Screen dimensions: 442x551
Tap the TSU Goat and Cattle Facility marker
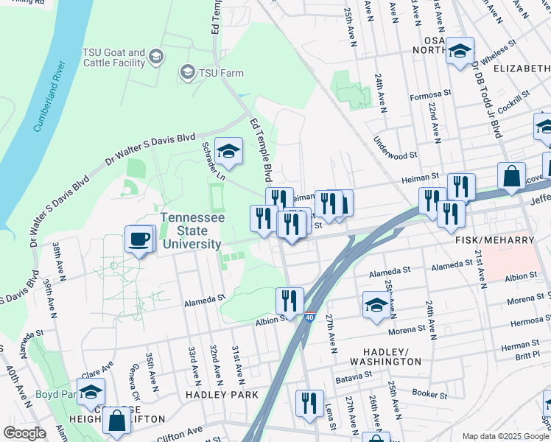[x=156, y=56]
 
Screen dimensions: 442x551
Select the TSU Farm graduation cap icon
[x=187, y=72]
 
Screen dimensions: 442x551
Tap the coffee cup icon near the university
[x=139, y=239]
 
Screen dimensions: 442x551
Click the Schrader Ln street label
[x=214, y=160]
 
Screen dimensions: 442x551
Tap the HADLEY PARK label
[x=222, y=395]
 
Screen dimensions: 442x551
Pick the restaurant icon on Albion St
[x=289, y=300]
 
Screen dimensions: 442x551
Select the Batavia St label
[x=355, y=376]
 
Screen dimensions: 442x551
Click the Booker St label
[x=429, y=393]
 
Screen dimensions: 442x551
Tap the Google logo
[x=24, y=433]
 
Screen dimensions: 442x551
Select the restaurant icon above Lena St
[x=309, y=402]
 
